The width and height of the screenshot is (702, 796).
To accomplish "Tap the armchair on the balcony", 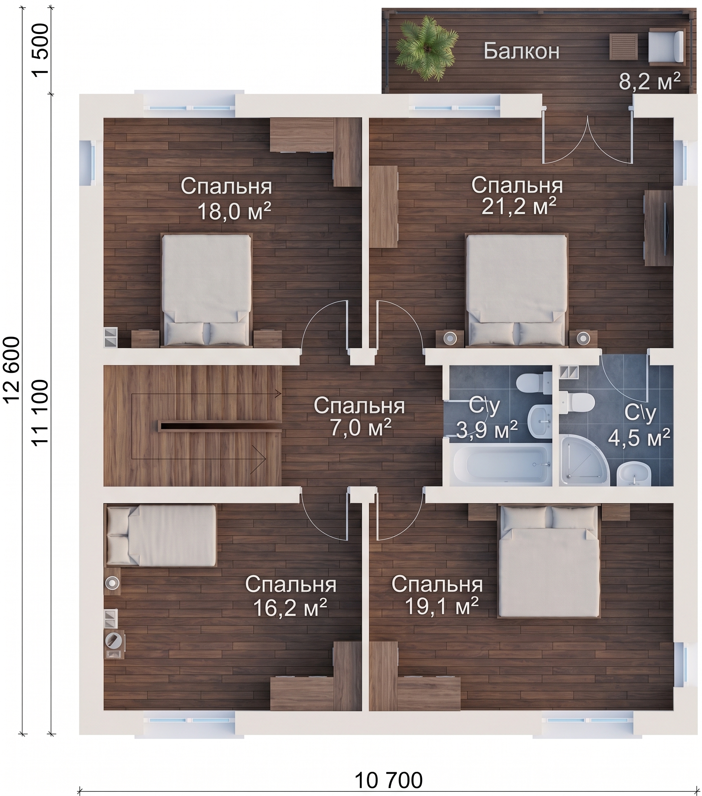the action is coord(666,47).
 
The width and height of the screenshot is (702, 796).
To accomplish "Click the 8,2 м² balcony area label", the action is coord(649,81).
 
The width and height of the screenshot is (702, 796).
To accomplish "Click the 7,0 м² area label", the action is coord(359,428).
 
